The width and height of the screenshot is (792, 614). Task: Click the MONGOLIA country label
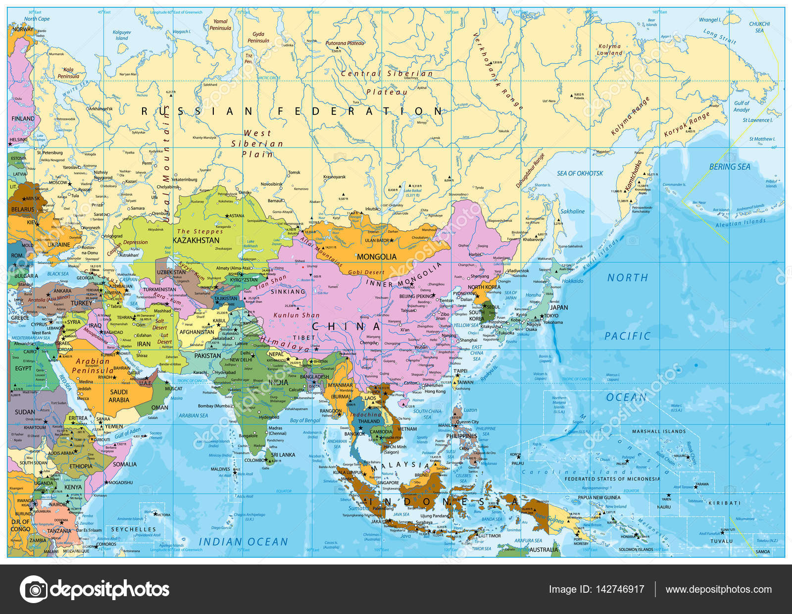click(376, 256)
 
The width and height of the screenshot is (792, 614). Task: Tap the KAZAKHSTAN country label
click(196, 240)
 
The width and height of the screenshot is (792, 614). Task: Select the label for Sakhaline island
click(572, 211)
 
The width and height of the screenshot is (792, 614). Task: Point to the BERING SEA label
click(730, 167)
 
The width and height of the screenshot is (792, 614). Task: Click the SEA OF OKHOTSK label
click(580, 173)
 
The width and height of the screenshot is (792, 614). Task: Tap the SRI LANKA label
click(283, 455)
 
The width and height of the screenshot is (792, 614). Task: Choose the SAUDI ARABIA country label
click(119, 396)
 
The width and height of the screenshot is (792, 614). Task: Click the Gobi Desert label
click(366, 272)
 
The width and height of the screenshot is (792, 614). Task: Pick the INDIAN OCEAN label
click(243, 542)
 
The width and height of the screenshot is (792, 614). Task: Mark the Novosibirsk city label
click(272, 184)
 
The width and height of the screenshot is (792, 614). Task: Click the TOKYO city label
click(550, 315)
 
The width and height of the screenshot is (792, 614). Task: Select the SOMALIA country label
click(125, 464)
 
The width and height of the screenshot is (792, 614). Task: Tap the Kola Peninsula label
click(68, 73)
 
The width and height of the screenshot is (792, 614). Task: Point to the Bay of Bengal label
click(305, 420)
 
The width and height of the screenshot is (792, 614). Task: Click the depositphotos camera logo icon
click(34, 589)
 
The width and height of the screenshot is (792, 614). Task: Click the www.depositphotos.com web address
click(718, 589)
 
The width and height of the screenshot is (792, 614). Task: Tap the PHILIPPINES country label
click(461, 436)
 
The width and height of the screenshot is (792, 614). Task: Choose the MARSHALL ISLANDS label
click(658, 431)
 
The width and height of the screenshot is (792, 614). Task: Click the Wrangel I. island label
click(709, 20)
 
